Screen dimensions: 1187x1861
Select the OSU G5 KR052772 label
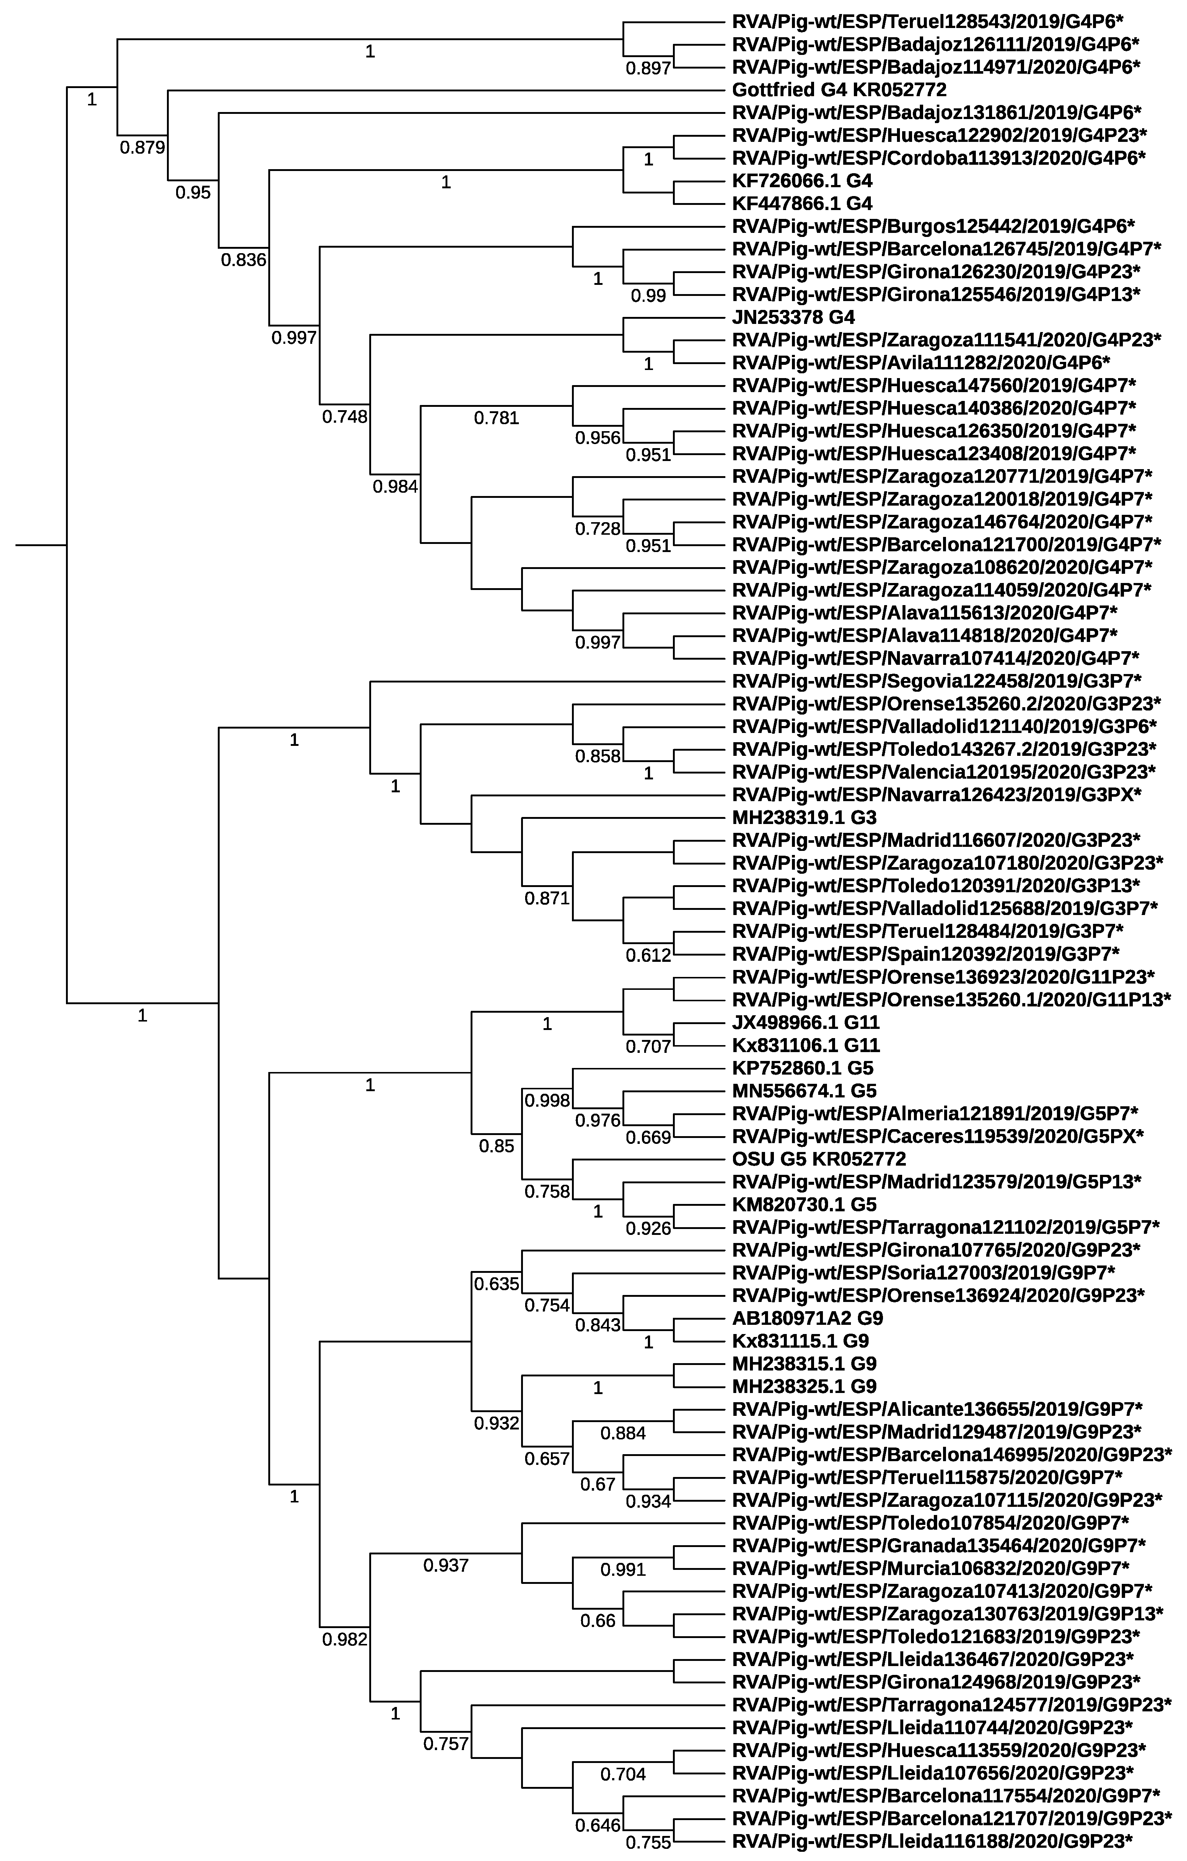(x=819, y=1159)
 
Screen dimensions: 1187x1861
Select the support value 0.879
(x=142, y=147)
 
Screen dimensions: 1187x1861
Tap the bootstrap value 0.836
(x=244, y=260)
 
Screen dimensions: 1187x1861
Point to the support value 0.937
(x=446, y=1566)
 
